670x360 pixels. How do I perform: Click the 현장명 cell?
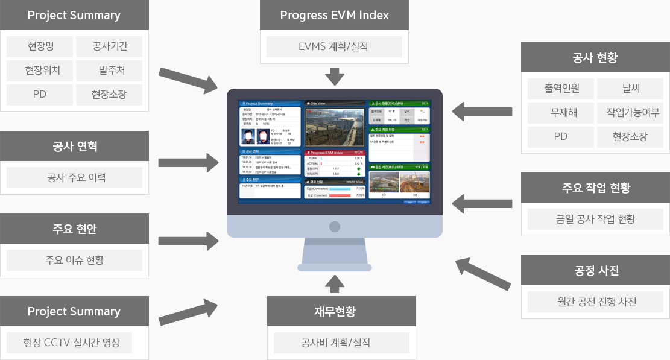40,46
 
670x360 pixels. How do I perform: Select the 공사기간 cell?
109,46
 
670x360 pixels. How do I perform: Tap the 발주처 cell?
109,71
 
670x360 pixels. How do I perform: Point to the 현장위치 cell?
40,71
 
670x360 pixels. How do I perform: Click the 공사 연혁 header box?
75,146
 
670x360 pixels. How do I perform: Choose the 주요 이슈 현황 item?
75,260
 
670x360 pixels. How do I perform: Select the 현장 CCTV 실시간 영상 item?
71,343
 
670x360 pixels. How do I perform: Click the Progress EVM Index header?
334,15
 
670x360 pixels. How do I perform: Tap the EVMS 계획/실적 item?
334,46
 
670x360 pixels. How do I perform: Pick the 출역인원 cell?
561,89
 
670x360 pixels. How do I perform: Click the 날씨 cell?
630,89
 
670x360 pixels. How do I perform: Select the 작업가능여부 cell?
630,113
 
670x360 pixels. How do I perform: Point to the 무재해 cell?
561,113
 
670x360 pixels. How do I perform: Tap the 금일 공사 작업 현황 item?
595,219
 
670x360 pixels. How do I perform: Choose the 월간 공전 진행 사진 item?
595,302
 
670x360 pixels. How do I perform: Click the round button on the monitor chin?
335,227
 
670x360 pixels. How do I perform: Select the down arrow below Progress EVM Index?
334,77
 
